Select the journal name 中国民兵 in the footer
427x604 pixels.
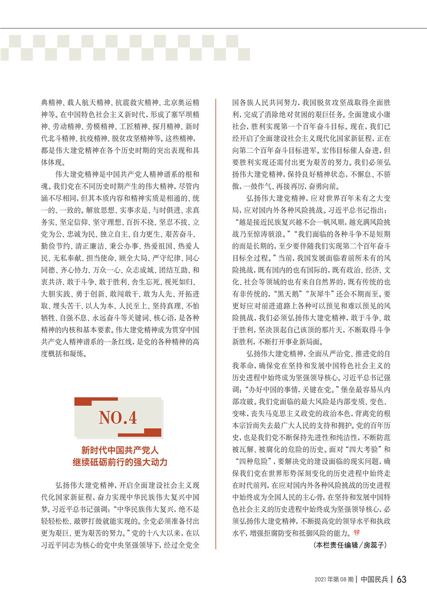(375, 579)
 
